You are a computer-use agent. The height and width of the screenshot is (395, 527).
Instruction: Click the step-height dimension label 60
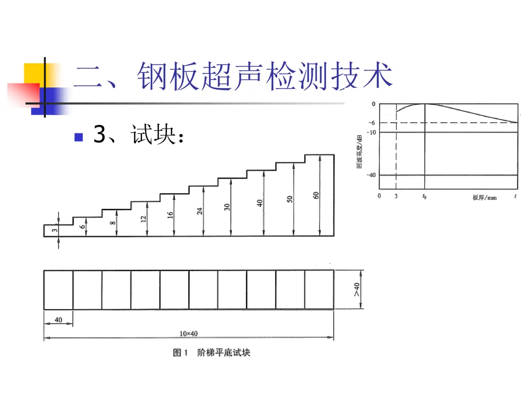coord(316,196)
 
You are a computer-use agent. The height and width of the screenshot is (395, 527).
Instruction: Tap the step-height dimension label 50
coord(289,199)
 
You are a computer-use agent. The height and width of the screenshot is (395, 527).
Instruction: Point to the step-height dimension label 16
coord(171,214)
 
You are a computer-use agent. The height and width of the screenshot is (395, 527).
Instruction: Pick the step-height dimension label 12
coord(143,219)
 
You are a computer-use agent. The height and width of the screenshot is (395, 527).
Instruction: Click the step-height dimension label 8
coord(113,223)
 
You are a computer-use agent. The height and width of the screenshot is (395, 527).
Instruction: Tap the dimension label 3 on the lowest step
coord(55,230)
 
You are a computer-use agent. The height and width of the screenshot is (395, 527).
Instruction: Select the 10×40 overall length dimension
coord(189,334)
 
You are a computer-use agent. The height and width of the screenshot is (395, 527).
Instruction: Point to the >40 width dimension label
coord(357,290)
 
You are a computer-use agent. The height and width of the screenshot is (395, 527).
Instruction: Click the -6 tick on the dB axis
coord(372,123)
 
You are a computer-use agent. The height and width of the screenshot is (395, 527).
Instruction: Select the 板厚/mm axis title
coord(485,197)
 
